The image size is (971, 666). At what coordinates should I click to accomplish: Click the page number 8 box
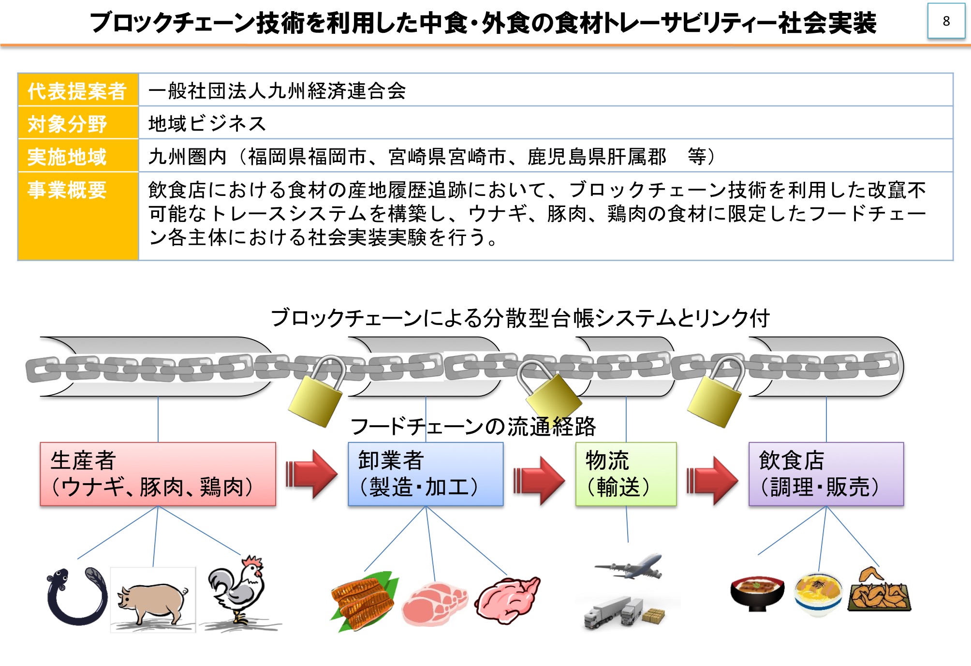tap(946, 21)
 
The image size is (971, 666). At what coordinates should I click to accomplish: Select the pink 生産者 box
tap(158, 474)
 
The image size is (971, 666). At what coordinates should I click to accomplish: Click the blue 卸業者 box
tap(426, 474)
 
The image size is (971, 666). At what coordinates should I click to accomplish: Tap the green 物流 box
tap(626, 474)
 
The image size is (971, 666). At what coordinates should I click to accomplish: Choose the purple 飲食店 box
tap(826, 474)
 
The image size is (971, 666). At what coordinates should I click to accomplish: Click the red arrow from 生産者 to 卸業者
tap(311, 474)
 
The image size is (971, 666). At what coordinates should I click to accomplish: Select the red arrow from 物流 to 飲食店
tap(712, 480)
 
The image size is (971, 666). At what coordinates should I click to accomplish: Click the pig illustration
tap(153, 600)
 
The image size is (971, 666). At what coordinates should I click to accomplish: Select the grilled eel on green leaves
tap(364, 601)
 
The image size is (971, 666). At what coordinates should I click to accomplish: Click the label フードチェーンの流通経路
tap(473, 427)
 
